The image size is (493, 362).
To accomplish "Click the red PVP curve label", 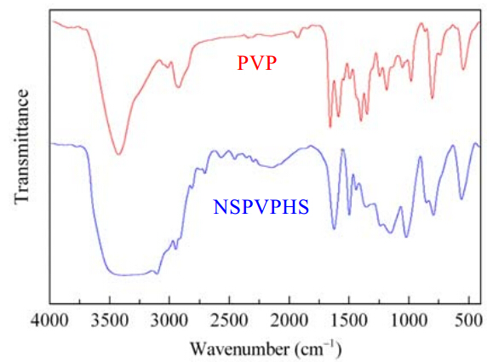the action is click(x=257, y=62).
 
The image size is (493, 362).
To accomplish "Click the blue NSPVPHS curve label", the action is click(x=261, y=207).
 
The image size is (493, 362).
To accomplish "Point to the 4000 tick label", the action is click(x=49, y=321).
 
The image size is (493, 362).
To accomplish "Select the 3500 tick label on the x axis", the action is click(x=110, y=321).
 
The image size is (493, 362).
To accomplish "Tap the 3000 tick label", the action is click(x=169, y=321).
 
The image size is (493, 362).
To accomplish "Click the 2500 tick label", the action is click(x=229, y=321).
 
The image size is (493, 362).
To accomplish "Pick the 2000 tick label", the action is click(x=289, y=321).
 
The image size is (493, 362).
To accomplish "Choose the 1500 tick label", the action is click(x=349, y=321).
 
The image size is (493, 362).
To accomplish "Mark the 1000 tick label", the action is click(x=409, y=321).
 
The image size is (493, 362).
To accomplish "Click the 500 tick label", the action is click(x=468, y=321).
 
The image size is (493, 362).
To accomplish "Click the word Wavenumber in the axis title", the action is click(x=239, y=348).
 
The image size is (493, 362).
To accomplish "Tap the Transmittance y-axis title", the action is click(x=21, y=147).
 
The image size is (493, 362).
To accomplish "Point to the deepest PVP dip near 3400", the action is click(x=118, y=154).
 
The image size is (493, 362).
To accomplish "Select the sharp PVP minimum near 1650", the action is click(x=330, y=127).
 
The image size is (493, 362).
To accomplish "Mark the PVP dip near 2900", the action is click(x=178, y=87).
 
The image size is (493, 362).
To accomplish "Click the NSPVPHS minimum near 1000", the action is click(x=406, y=237).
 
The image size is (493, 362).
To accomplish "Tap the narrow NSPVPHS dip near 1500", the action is click(x=349, y=215).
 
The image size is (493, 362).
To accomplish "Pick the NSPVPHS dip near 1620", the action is click(x=335, y=229).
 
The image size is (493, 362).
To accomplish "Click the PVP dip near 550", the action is click(x=463, y=69).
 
